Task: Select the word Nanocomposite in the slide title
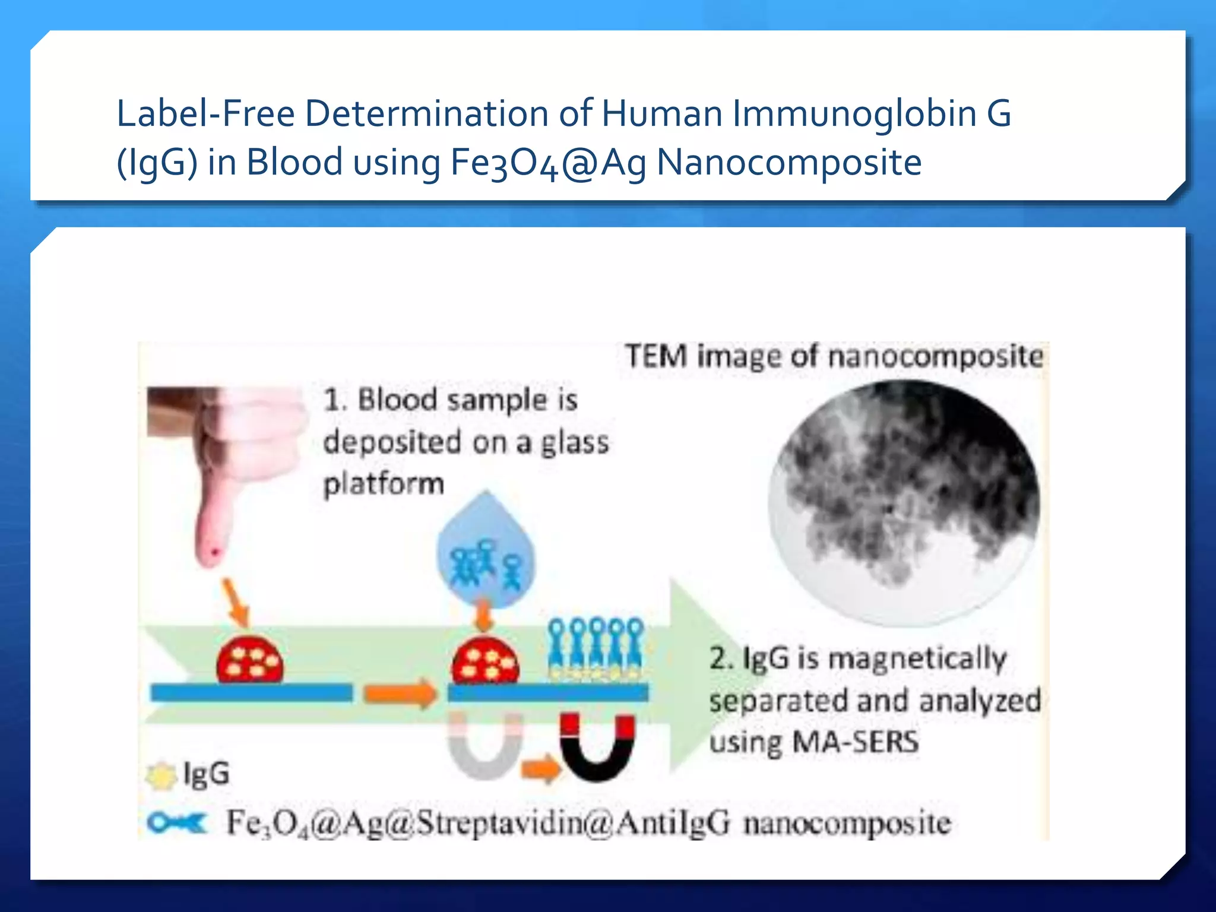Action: tap(789, 162)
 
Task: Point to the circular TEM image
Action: tap(904, 502)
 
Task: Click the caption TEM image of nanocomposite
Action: tap(834, 356)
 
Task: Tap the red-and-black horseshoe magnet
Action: tap(597, 747)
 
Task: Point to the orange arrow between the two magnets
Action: tap(540, 769)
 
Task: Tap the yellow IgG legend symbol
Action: tap(161, 775)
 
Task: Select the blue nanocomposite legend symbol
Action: tap(177, 823)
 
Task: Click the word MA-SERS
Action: tap(856, 742)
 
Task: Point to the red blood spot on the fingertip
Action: tap(215, 553)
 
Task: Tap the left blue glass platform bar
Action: tap(251, 693)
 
